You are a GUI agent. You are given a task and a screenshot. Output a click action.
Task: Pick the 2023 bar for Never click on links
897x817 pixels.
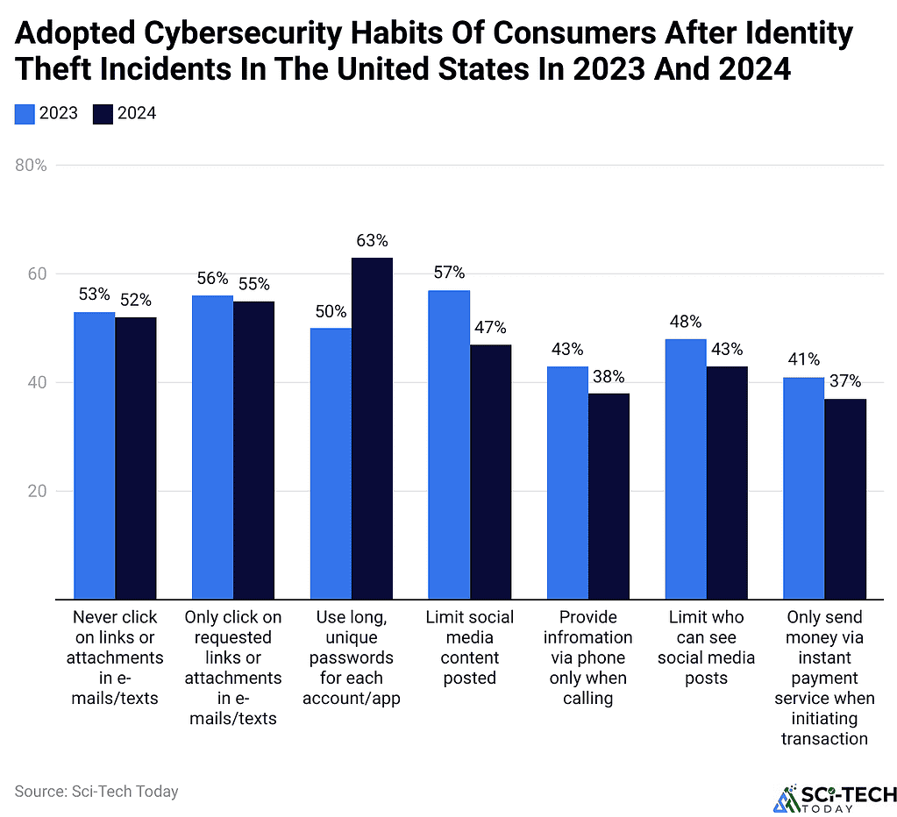pos(94,455)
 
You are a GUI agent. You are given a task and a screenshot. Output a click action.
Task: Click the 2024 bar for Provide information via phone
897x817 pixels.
pos(609,495)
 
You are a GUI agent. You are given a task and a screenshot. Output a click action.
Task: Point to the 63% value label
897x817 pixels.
pos(372,241)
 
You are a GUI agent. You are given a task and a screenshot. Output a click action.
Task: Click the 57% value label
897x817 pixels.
pos(449,273)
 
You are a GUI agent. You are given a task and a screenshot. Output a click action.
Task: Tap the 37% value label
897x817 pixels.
pos(844,381)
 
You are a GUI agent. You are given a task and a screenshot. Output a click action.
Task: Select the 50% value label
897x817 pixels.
pos(331,311)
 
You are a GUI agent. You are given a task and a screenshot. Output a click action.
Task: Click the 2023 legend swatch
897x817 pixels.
pos(25,113)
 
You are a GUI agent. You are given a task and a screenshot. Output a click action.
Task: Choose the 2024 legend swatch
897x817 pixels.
pos(103,113)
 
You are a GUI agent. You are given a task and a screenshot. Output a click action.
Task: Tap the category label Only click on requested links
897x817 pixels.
pos(233,667)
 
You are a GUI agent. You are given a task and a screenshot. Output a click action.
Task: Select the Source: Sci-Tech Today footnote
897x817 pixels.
pos(96,792)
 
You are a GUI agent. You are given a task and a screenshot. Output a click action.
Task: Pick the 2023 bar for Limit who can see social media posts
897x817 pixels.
pos(686,469)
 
